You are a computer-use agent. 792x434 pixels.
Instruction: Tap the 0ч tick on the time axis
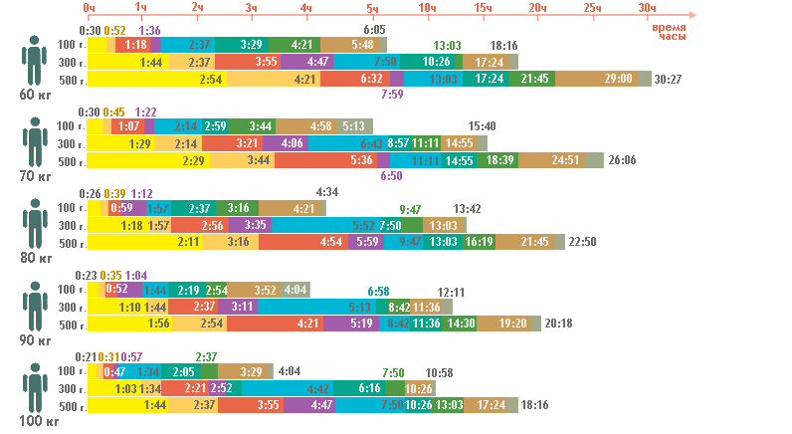tap(90, 8)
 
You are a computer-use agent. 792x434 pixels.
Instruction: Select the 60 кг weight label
tap(35, 95)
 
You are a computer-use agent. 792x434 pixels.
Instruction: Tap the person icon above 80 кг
tap(37, 225)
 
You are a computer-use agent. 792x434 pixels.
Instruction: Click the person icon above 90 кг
tap(37, 307)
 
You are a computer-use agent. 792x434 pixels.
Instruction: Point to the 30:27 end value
tap(669, 80)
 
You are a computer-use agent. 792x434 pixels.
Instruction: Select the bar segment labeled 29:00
tap(618, 79)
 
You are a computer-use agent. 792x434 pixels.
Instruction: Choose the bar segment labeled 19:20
tap(512, 325)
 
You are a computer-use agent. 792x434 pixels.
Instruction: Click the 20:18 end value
tap(558, 325)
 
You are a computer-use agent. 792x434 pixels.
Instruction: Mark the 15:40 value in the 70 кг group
tap(482, 126)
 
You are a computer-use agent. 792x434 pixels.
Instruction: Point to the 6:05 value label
tap(375, 31)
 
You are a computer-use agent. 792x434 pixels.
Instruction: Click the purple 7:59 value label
tap(391, 96)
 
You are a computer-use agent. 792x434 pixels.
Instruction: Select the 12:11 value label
tap(452, 292)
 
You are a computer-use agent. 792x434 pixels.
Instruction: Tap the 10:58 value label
tap(439, 373)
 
